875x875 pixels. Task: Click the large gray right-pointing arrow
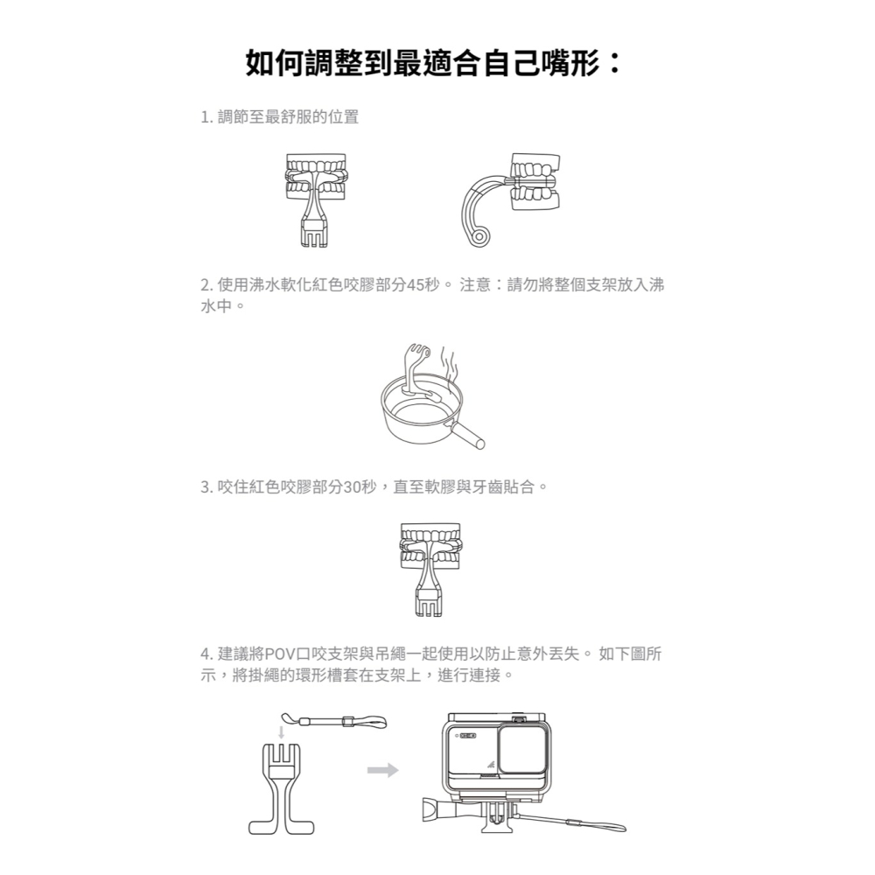click(382, 770)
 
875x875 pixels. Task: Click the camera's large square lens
click(524, 754)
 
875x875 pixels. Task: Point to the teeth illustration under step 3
click(429, 548)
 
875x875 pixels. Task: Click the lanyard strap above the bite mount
click(345, 723)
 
